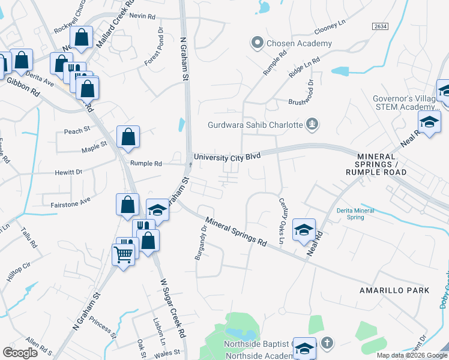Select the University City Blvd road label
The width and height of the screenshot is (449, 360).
(227, 155)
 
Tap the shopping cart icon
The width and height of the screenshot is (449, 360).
(123, 254)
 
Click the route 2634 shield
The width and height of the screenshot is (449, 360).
(379, 26)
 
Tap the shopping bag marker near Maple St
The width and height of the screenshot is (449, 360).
(128, 137)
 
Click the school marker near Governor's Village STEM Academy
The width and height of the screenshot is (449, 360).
(429, 122)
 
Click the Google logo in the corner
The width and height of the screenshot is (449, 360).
(20, 353)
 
